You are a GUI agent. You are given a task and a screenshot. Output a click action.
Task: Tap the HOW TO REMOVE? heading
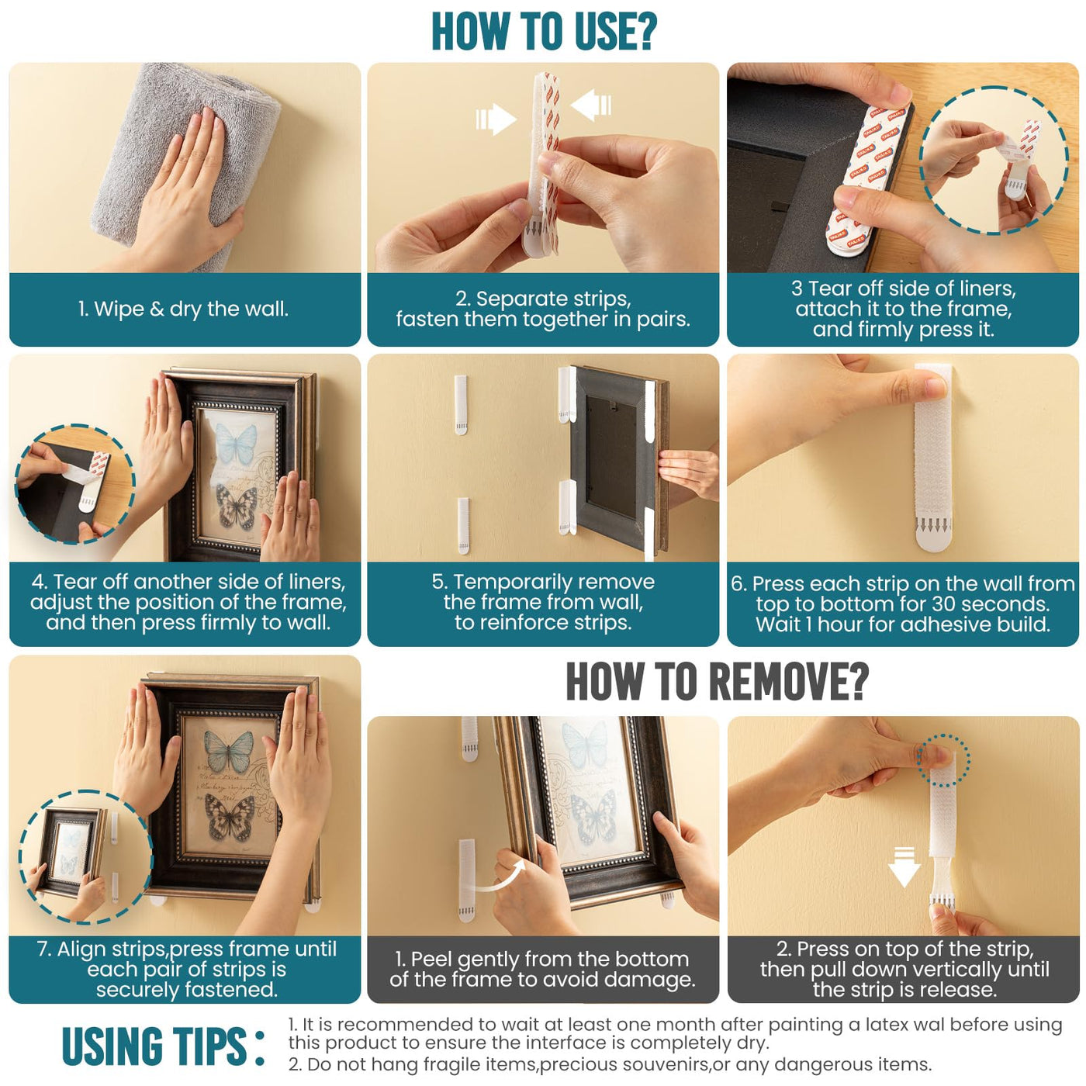(717, 681)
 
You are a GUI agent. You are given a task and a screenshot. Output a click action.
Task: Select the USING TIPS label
(163, 1046)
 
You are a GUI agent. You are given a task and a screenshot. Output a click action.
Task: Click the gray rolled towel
(186, 164)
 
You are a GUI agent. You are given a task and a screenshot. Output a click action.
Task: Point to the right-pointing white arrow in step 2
(496, 119)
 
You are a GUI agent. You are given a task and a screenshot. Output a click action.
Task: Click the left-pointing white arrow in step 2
(590, 104)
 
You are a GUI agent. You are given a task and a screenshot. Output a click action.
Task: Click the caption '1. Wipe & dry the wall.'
(183, 309)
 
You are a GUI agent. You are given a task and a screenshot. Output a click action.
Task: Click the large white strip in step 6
(933, 458)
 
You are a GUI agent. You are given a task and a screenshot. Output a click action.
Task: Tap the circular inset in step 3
(994, 160)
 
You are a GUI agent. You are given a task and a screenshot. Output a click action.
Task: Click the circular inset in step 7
(85, 856)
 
